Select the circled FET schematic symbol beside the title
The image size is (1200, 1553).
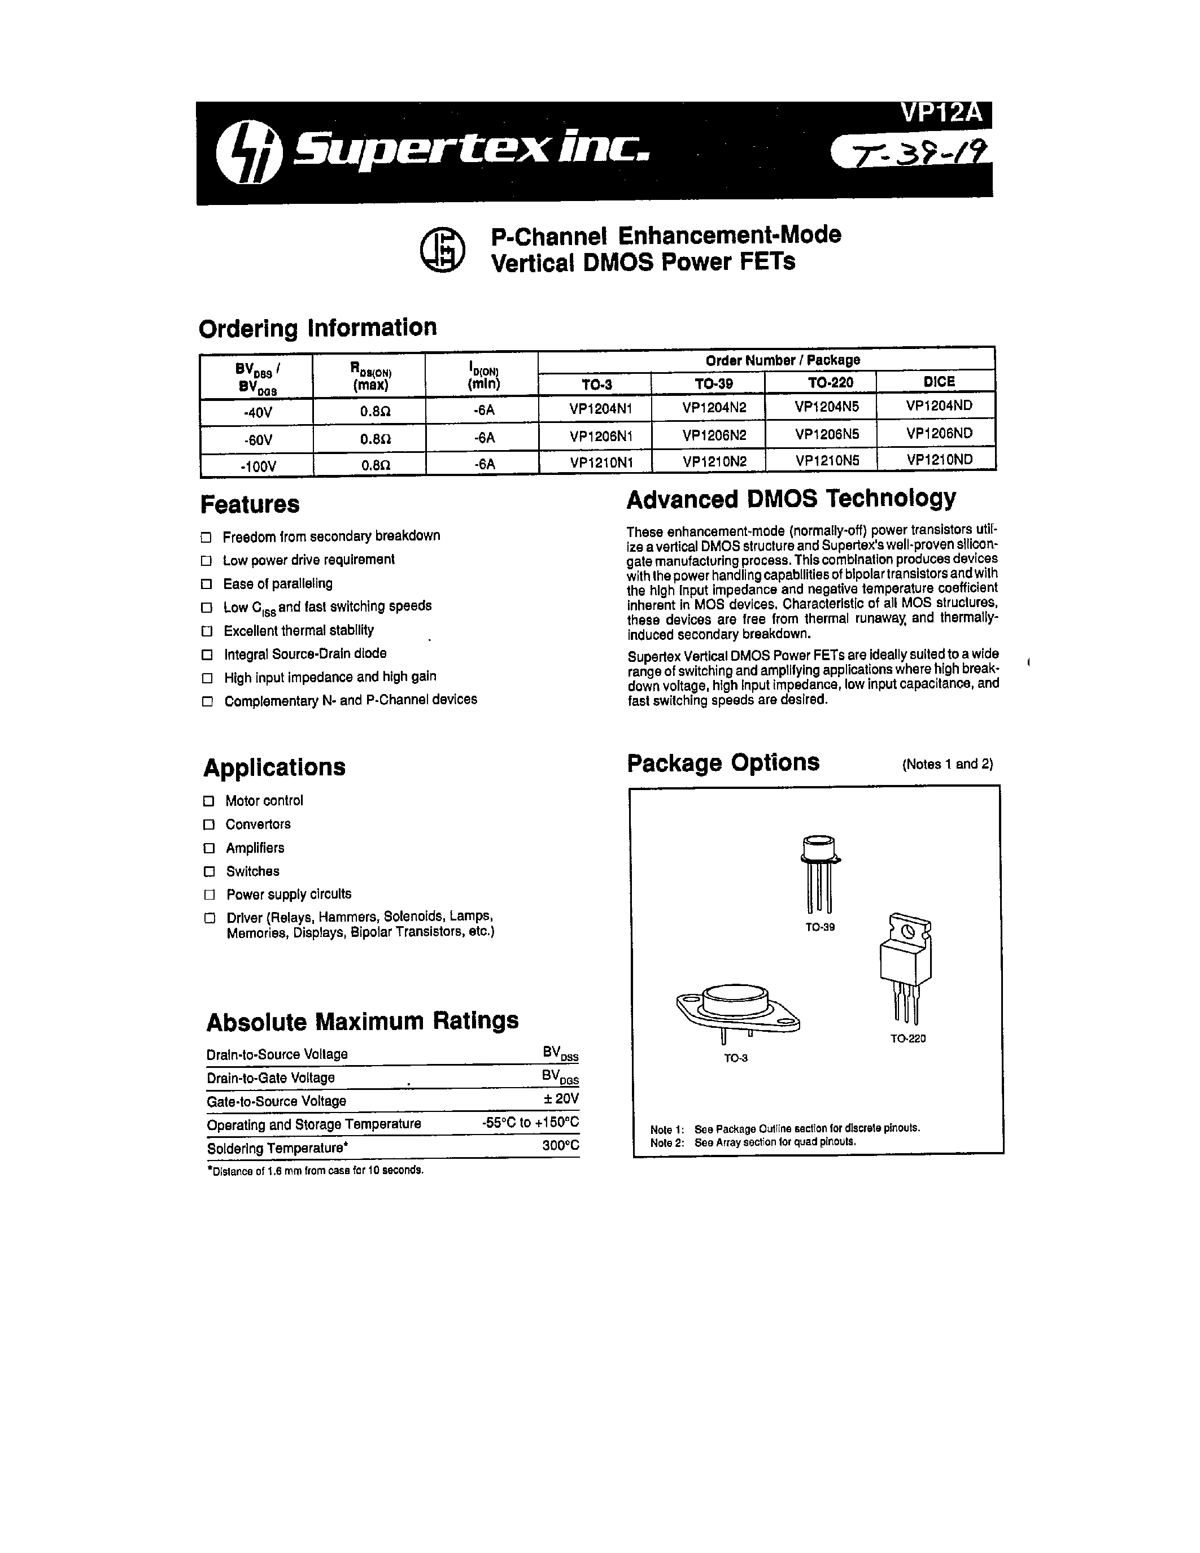click(x=442, y=250)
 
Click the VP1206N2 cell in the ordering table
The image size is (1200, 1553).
click(x=714, y=434)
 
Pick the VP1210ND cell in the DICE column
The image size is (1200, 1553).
click(x=939, y=459)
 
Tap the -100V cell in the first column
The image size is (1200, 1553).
click(x=258, y=466)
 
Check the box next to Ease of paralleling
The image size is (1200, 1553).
click(x=207, y=584)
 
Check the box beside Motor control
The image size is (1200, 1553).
click(x=209, y=801)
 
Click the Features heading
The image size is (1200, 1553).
click(x=250, y=504)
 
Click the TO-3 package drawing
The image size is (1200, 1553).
click(x=736, y=1009)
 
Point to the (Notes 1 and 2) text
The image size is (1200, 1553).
click(x=947, y=765)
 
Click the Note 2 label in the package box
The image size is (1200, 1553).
click(x=666, y=1142)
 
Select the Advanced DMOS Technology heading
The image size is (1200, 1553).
click(x=791, y=499)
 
